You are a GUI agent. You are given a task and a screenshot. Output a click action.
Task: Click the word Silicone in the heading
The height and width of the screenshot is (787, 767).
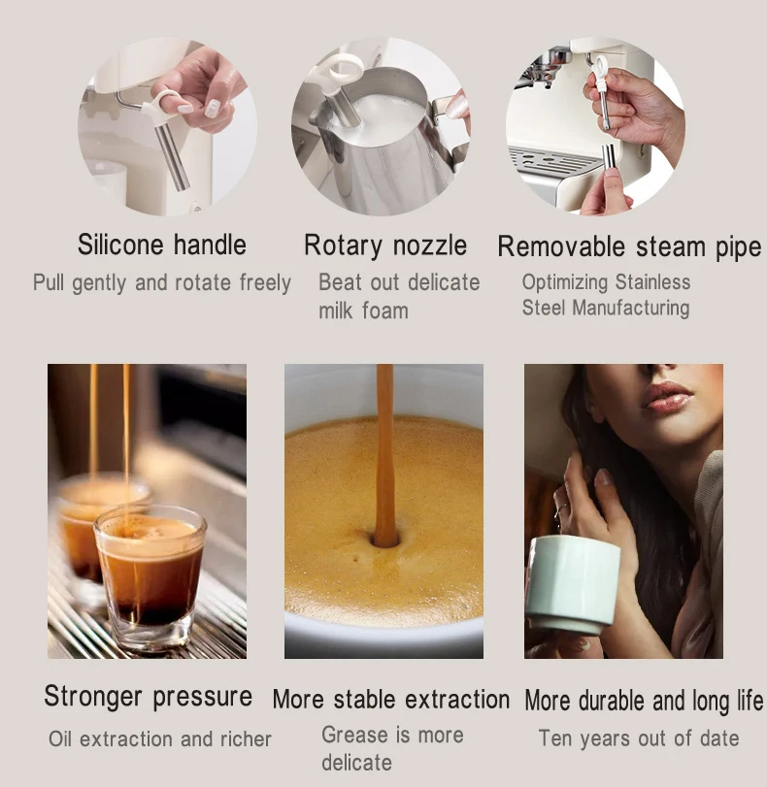(x=120, y=245)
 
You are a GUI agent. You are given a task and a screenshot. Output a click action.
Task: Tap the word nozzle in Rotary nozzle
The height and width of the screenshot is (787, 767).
(x=429, y=246)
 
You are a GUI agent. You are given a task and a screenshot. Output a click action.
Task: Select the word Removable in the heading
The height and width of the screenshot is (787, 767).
(x=561, y=246)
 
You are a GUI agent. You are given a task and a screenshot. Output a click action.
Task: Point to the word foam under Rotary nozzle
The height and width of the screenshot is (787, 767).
(x=384, y=311)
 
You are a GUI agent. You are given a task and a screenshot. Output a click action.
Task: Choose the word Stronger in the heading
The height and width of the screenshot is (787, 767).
(x=93, y=697)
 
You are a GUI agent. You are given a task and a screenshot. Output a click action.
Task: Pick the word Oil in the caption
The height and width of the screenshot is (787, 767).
(x=60, y=738)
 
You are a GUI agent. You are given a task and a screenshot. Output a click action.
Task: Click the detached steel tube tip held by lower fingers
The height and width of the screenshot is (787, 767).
(x=609, y=158)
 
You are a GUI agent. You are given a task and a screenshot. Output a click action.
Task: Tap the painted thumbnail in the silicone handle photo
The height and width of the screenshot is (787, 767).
(x=213, y=108)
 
